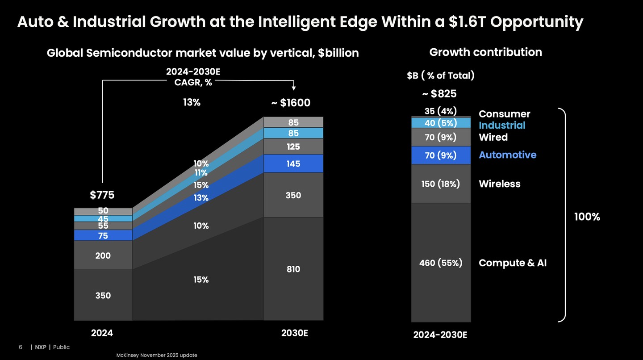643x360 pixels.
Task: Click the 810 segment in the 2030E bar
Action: [x=293, y=269]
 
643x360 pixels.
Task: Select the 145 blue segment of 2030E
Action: [x=293, y=164]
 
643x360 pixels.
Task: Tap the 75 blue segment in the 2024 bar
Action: [x=103, y=235]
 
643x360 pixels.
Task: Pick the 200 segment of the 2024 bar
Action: [x=103, y=255]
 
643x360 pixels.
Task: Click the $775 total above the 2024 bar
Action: [x=102, y=195]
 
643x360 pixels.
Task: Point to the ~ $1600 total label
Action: [x=291, y=103]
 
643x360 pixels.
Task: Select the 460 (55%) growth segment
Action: [x=441, y=263]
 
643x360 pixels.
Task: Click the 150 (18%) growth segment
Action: [x=441, y=184]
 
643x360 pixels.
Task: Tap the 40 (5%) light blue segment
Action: [x=441, y=123]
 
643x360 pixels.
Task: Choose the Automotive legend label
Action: [x=507, y=155]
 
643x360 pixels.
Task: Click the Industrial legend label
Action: [x=502, y=126]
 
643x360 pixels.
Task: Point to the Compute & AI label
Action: [x=513, y=263]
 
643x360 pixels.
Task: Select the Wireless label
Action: [x=499, y=184]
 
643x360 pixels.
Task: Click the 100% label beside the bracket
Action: [x=587, y=217]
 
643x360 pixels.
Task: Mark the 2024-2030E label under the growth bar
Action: [x=440, y=335]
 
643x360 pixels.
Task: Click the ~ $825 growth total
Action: [x=440, y=94]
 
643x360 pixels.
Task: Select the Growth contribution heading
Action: [x=485, y=52]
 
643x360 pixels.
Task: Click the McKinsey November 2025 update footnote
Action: [x=156, y=355]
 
